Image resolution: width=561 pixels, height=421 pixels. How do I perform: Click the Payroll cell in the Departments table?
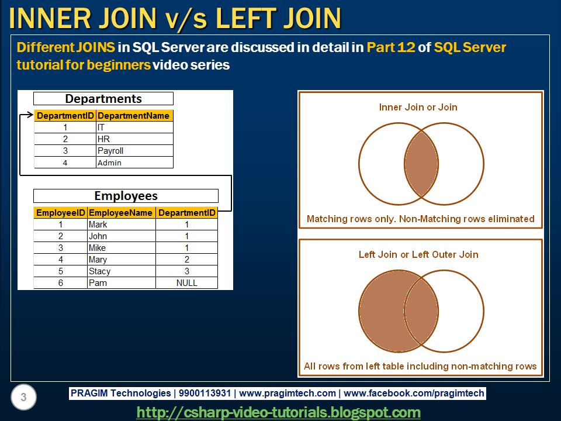click(110, 151)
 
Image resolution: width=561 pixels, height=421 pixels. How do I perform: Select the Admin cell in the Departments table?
click(109, 163)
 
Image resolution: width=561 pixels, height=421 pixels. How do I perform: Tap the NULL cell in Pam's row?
click(187, 283)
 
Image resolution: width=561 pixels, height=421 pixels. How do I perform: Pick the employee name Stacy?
click(99, 271)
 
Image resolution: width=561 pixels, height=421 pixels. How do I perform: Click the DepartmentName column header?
click(134, 116)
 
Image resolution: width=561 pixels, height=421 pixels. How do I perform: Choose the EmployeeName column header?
click(122, 213)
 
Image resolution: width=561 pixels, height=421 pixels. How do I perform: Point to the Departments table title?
click(103, 99)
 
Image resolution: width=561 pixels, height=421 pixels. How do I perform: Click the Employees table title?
click(126, 196)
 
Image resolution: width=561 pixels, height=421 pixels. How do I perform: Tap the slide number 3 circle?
click(23, 398)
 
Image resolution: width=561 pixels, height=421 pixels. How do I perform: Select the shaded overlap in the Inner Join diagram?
click(421, 164)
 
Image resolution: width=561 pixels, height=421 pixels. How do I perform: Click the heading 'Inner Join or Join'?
click(418, 108)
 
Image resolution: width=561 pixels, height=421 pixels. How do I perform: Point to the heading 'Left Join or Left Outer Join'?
click(418, 255)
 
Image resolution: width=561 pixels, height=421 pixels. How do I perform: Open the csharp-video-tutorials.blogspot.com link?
click(279, 412)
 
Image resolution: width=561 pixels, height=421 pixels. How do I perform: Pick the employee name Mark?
click(98, 225)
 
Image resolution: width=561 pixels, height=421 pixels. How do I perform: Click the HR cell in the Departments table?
click(103, 139)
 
